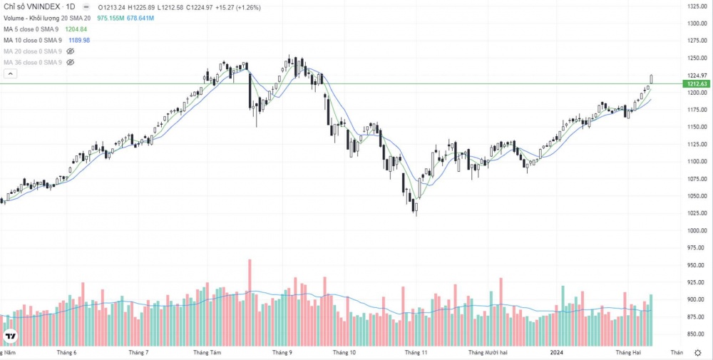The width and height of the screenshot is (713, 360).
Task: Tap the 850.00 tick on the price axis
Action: pos(695,334)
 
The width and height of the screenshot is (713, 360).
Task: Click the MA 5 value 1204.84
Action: pos(76,29)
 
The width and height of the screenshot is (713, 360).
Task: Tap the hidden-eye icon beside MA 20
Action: pos(71,52)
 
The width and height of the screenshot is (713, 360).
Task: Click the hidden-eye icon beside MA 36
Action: pos(71,63)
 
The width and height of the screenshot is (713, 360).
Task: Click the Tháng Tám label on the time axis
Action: pos(207,352)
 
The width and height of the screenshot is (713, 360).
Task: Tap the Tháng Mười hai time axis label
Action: pos(488,352)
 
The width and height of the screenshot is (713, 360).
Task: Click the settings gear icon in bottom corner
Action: pos(697,352)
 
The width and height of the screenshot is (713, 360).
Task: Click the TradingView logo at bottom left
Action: pos(11,336)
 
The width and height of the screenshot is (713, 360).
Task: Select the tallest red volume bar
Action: pos(250,299)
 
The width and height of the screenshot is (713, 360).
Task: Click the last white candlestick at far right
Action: pos(651,79)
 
